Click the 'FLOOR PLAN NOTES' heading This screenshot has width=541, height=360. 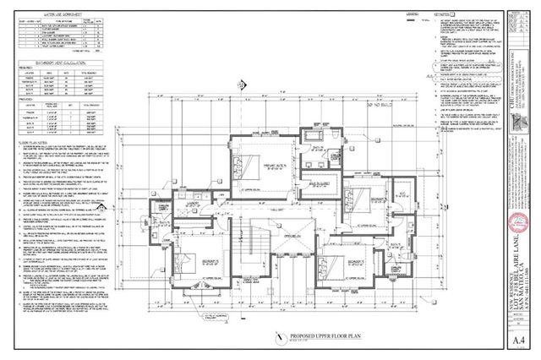[34, 145]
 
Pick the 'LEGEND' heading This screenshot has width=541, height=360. [388, 14]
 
